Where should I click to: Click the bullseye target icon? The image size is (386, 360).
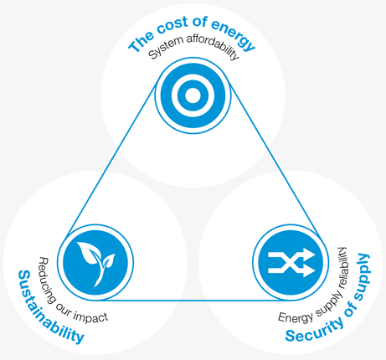point(193,95)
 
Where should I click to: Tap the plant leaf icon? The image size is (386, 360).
point(95,263)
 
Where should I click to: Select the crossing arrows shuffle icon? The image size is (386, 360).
point(291,263)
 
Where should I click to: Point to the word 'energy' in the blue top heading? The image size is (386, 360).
point(234,34)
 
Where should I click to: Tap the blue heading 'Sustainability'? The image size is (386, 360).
point(48,308)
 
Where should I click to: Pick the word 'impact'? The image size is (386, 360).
point(90,316)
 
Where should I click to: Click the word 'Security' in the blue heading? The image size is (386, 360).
point(314,330)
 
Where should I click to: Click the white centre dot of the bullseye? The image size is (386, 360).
point(193,95)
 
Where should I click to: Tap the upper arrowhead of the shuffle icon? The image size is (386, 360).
point(309,255)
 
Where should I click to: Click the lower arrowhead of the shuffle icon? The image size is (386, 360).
point(309,270)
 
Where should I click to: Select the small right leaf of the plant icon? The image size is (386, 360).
point(108,260)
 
